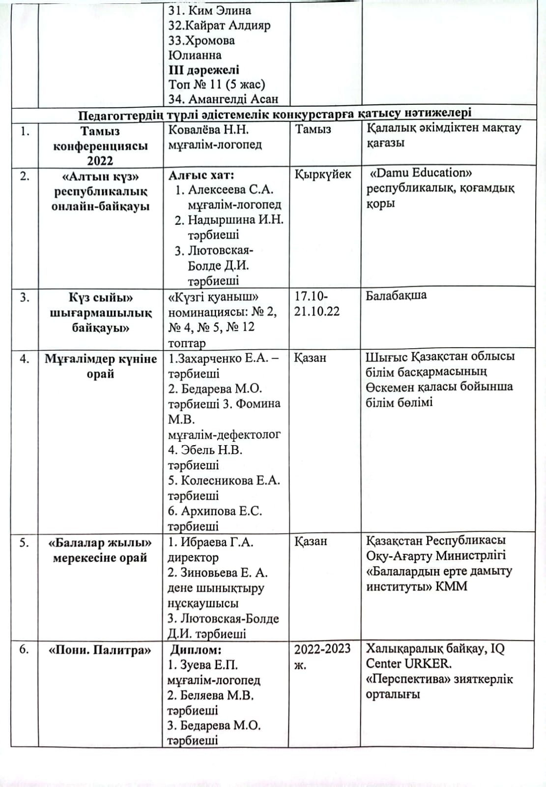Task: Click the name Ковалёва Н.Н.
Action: pyautogui.click(x=208, y=129)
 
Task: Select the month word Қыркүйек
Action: pyautogui.click(x=323, y=175)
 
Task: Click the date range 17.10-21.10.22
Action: pyautogui.click(x=316, y=304)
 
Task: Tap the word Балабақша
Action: pyautogui.click(x=396, y=295)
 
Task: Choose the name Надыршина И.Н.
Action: pyautogui.click(x=235, y=220)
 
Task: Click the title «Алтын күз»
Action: pyautogui.click(x=101, y=177)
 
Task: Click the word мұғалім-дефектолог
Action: pyautogui.click(x=224, y=435)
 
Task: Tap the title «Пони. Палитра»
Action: pyautogui.click(x=100, y=650)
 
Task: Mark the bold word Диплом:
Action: pyautogui.click(x=196, y=650)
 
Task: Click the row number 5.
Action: pyautogui.click(x=24, y=543)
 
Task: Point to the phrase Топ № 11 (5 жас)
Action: pyautogui.click(x=217, y=84)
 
